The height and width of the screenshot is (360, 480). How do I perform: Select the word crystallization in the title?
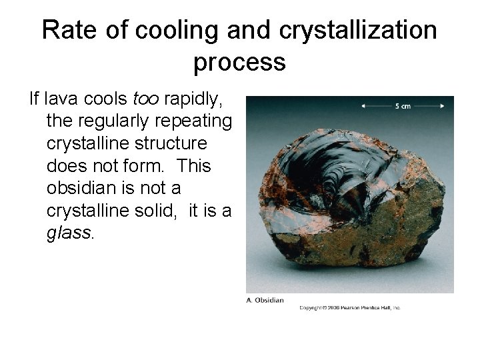(x=359, y=30)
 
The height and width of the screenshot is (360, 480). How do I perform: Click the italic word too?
(x=146, y=99)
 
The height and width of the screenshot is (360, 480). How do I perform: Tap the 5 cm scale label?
(x=402, y=105)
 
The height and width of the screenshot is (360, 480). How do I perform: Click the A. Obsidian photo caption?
(x=265, y=300)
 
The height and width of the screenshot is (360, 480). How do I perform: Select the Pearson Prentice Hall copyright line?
(x=349, y=307)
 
